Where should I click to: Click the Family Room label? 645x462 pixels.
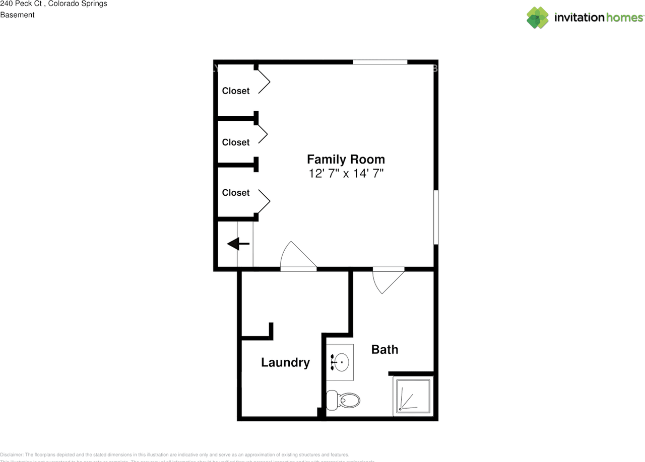(346, 160)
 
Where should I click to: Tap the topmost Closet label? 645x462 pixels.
(236, 91)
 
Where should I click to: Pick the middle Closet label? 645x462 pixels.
(236, 142)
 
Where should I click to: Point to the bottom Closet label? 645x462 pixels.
(236, 193)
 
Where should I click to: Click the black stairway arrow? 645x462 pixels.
(238, 245)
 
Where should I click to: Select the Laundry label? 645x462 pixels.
(285, 362)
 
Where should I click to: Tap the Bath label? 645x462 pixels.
(384, 349)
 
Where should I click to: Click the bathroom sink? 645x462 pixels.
(341, 362)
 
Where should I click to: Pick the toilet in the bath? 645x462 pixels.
(344, 401)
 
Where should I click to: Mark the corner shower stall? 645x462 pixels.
(413, 397)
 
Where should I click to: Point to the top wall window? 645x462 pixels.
(380, 62)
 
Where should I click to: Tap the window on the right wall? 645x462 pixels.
(436, 217)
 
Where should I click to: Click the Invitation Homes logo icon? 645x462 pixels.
(538, 18)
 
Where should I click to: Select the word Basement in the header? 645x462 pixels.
(17, 15)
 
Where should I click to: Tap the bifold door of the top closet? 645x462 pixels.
(264, 81)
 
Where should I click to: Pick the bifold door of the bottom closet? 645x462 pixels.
(264, 201)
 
